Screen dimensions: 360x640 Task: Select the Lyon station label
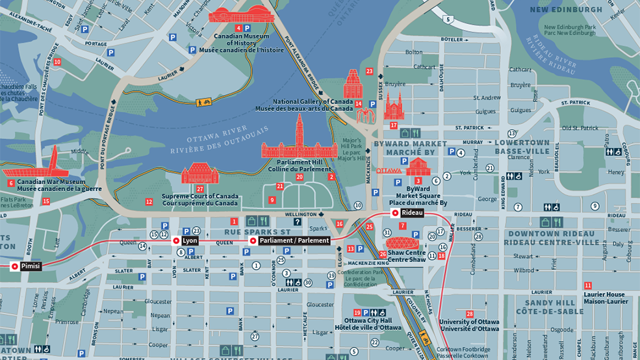190,240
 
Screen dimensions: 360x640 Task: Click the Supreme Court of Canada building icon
200,174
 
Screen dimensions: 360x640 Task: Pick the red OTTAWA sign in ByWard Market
389,170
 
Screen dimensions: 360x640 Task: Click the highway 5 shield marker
448,19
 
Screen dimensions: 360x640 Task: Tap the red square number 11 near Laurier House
587,285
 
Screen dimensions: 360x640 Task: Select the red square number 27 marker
200,188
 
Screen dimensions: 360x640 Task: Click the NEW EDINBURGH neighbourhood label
566,10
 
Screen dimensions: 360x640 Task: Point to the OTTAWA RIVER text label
208,139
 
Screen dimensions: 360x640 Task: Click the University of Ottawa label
469,325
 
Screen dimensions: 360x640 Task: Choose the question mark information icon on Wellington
297,222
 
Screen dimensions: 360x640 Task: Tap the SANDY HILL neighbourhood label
550,303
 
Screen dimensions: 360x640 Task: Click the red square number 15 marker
45,201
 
